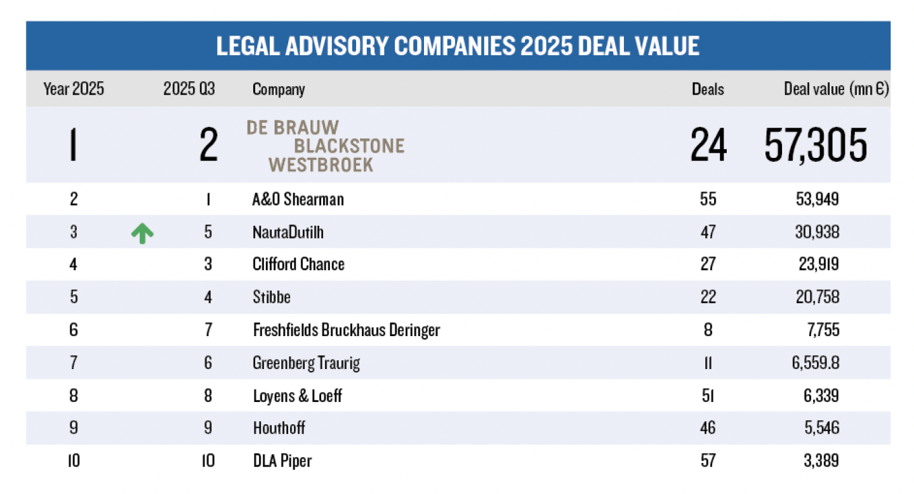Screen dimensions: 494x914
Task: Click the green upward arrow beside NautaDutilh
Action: click(142, 233)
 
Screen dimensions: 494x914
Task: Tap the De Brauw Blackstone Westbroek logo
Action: click(325, 146)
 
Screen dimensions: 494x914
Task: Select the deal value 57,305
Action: click(816, 145)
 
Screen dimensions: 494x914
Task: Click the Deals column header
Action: click(708, 89)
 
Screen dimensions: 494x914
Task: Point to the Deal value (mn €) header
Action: click(836, 89)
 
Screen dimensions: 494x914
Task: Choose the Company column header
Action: click(279, 89)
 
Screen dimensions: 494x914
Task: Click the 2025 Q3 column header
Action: click(189, 89)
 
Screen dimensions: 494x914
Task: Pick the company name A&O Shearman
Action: click(298, 200)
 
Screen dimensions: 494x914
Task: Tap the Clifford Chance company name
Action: click(298, 264)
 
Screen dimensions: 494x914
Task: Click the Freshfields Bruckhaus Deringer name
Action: click(346, 330)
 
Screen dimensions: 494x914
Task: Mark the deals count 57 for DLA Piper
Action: click(708, 461)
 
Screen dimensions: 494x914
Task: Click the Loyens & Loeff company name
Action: click(297, 396)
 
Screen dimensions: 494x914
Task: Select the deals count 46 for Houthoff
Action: click(708, 428)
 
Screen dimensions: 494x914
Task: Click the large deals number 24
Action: click(708, 145)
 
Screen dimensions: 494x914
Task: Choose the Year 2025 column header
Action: click(74, 89)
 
